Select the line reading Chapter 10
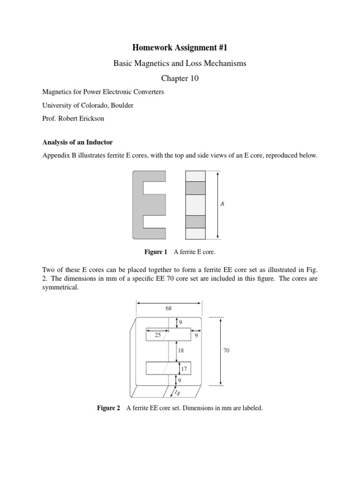[x=180, y=78]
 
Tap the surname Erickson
[x=91, y=119]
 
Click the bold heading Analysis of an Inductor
[x=77, y=142]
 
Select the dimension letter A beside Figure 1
[x=222, y=204]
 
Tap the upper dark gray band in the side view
[x=195, y=188]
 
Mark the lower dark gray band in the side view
[x=195, y=222]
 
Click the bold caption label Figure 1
[x=156, y=252]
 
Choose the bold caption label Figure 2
[x=108, y=408]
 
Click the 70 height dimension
[x=226, y=351]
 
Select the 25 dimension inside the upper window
[x=157, y=335]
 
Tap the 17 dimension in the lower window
[x=184, y=369]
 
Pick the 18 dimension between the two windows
[x=181, y=350]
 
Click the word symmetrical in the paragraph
[x=60, y=288]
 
